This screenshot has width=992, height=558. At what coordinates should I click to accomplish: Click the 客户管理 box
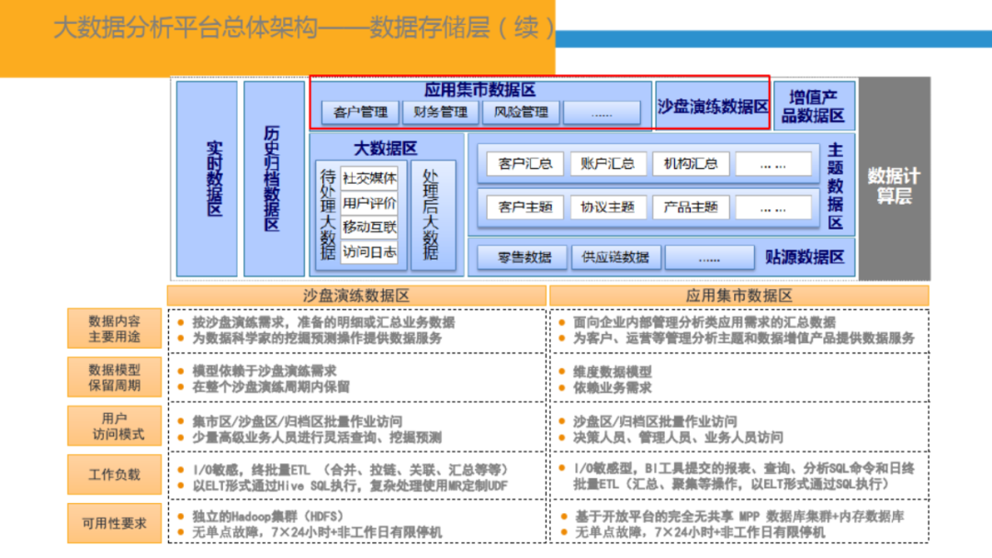tap(361, 113)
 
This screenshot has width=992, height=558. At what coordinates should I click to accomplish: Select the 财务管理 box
tap(440, 113)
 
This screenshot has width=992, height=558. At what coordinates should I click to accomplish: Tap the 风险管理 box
tap(520, 113)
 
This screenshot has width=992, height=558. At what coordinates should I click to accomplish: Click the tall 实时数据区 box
tap(208, 178)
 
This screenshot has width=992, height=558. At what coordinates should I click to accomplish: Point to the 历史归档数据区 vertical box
tap(274, 178)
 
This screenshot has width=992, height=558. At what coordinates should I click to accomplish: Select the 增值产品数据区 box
tap(814, 106)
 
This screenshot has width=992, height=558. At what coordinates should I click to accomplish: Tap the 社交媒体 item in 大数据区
tap(369, 178)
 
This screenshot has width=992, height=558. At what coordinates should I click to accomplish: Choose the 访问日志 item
tap(369, 251)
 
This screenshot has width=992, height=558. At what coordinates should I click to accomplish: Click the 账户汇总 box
tap(607, 164)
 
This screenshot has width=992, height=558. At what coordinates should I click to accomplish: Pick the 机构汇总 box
tap(690, 164)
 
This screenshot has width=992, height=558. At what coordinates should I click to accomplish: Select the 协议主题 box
tap(607, 207)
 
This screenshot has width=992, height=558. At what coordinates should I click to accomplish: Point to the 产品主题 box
tap(690, 207)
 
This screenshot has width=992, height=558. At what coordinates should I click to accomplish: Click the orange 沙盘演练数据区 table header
tap(356, 296)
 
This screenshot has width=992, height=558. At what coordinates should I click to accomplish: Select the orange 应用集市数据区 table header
tap(738, 296)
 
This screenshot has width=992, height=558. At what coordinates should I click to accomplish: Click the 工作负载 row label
tap(115, 474)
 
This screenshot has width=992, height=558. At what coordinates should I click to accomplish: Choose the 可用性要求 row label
tap(115, 523)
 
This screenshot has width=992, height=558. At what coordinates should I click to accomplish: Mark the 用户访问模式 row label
tap(115, 426)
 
